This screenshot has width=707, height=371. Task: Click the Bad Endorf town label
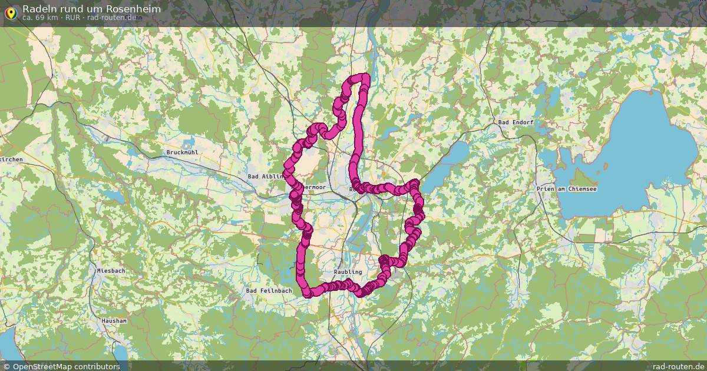tap(516, 122)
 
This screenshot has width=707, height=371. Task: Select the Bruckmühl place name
tap(182, 153)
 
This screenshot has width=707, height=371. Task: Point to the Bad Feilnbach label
tap(269, 291)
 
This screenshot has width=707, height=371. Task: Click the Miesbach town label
tap(111, 270)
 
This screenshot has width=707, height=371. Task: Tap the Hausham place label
tap(114, 321)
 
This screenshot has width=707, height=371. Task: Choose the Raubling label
tap(348, 273)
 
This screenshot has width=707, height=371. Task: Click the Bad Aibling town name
tap(266, 176)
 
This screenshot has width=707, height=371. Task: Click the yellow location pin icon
tap(11, 12)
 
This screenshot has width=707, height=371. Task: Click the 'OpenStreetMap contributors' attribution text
tap(66, 366)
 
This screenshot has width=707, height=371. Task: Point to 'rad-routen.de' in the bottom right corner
tap(679, 366)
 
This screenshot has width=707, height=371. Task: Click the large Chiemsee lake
tap(636, 135)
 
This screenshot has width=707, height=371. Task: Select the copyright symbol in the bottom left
tap(6, 366)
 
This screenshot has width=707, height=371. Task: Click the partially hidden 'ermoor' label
tap(313, 187)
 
